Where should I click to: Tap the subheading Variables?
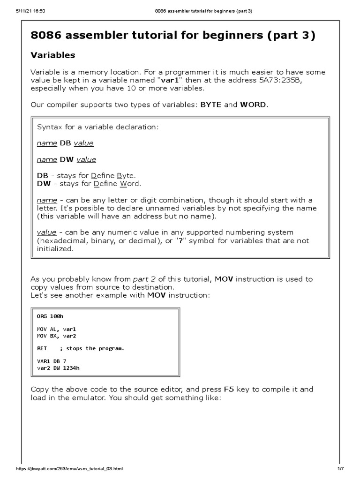[52, 55]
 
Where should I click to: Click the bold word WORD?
[253, 104]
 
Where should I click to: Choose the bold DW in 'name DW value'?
[66, 159]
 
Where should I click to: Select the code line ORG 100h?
[50, 316]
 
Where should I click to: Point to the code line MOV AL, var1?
[56, 330]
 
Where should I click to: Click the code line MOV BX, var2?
[56, 336]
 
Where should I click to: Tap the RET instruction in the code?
[42, 349]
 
